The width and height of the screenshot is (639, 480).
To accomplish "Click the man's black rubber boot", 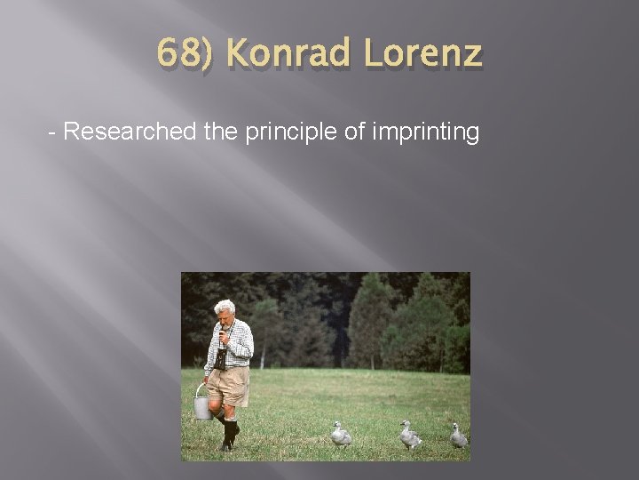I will (x=231, y=434).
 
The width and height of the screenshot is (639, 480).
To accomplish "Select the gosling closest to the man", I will (x=341, y=434).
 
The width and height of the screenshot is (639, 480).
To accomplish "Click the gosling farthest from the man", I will (x=458, y=435).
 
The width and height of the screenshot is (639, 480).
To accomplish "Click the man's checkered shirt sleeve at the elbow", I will (x=246, y=351).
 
